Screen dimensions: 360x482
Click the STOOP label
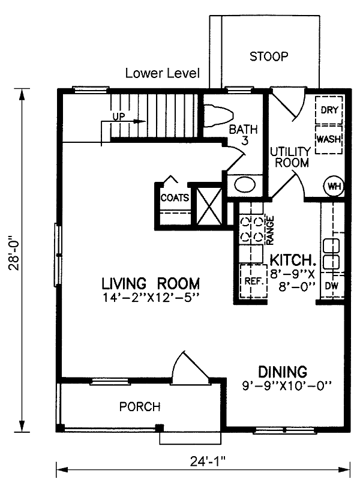(x=269, y=56)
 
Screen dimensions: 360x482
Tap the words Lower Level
(x=163, y=73)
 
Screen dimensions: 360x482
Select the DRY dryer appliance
(x=329, y=110)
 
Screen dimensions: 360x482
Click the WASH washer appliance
(x=329, y=139)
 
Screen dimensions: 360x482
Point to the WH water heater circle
(x=334, y=186)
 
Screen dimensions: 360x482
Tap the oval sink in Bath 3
(x=245, y=185)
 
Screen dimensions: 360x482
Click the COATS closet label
(x=175, y=197)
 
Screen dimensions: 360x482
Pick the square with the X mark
(x=209, y=206)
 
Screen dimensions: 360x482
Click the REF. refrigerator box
(x=253, y=281)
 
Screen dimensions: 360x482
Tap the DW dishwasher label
(x=332, y=286)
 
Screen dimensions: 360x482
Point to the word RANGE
(x=270, y=230)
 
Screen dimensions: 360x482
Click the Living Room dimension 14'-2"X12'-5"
(x=151, y=298)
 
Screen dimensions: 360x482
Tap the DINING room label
(x=283, y=372)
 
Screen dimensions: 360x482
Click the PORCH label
(x=140, y=407)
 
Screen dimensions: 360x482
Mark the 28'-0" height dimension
(x=14, y=253)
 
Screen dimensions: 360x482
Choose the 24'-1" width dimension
(x=208, y=461)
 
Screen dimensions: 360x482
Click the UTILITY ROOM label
(x=291, y=157)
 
